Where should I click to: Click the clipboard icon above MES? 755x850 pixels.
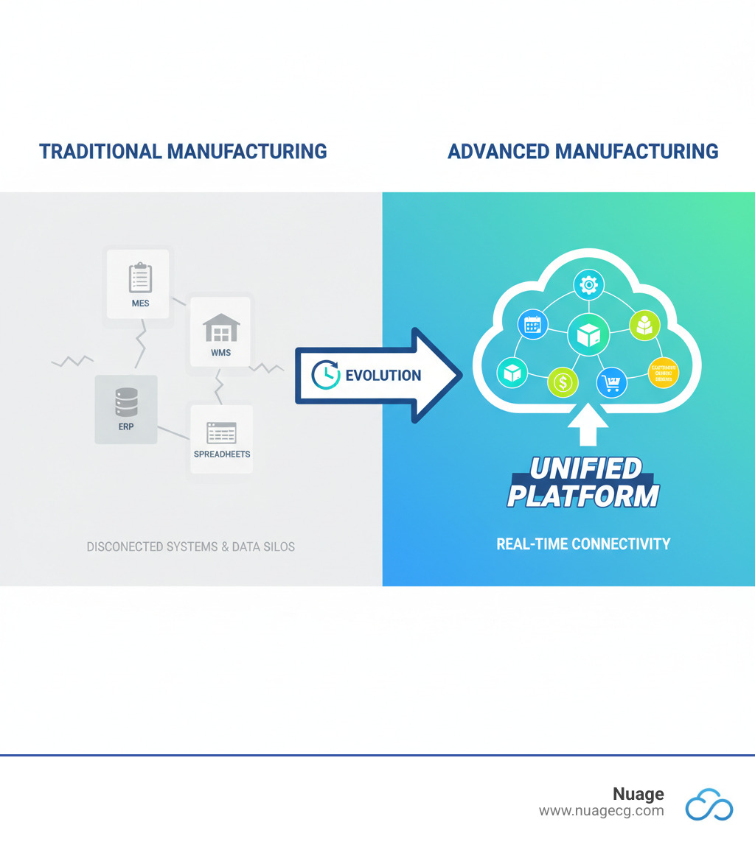pos(140,277)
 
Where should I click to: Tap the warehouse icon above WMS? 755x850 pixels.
pos(221,328)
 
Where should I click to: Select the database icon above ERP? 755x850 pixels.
pos(126,402)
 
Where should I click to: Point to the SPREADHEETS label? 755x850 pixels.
pos(222,454)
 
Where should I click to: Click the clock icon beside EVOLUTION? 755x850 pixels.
pos(324,375)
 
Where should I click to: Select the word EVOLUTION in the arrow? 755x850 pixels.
pos(383,376)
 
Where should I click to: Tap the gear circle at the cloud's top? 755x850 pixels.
pos(588,284)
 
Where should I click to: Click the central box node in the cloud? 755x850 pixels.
pos(588,335)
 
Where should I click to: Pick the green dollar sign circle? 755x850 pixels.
pos(563,382)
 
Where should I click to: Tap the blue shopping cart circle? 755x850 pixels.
pos(611,382)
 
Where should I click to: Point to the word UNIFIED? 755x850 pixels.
pos(585,468)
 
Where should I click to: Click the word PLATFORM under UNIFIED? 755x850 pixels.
pos(582,495)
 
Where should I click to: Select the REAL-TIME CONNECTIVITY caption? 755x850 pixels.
pos(583,544)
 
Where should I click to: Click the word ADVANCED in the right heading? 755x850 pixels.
pos(498,152)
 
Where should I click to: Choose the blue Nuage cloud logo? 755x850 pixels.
pos(709,804)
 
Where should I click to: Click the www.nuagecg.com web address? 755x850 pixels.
pos(601,811)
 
